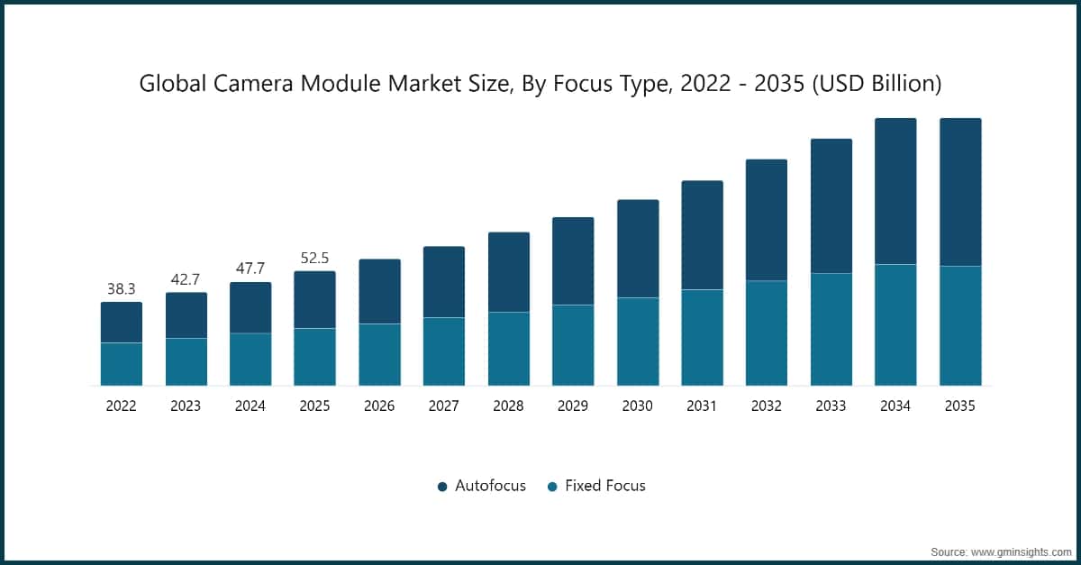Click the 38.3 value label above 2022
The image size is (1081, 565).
pos(121,289)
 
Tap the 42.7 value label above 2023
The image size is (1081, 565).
pos(186,279)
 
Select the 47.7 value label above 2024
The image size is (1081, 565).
pos(250,269)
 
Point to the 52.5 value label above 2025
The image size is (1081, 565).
pos(314,258)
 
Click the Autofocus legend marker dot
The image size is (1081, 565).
pos(442,487)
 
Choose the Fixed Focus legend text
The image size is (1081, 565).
pos(604,486)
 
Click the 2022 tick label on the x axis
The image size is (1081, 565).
pos(121,406)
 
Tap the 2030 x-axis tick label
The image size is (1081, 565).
pos(637,406)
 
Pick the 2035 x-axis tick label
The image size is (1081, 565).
pos(959,406)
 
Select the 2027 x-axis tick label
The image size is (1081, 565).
pos(443,406)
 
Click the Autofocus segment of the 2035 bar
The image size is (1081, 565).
pos(960,192)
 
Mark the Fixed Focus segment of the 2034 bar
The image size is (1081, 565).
pos(895,324)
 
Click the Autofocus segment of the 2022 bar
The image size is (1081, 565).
pos(121,323)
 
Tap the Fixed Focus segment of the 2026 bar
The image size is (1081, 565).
pos(379,354)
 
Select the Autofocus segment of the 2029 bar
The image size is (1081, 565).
pos(573,261)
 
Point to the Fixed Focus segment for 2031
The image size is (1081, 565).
pos(702,337)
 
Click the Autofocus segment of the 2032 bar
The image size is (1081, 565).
pos(767,220)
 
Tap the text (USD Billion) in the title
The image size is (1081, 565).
pos(877,84)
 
